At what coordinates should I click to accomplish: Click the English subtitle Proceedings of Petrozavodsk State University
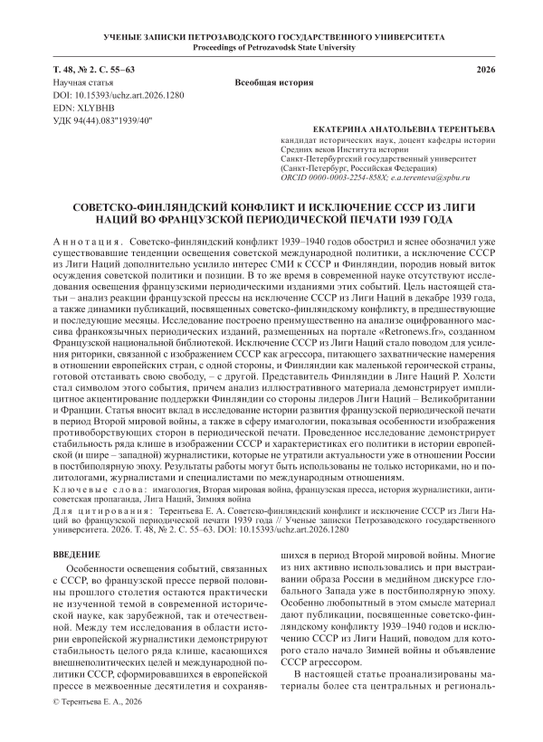click(271, 45)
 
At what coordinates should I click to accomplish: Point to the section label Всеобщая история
click(271, 82)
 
